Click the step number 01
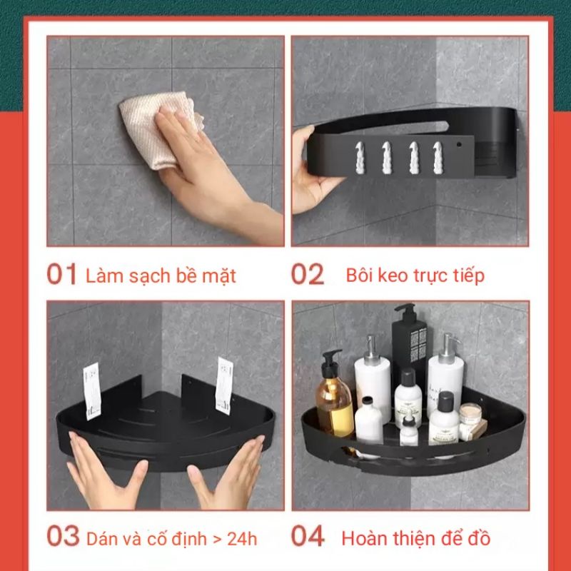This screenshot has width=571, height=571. click(x=61, y=274)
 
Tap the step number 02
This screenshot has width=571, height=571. click(x=308, y=274)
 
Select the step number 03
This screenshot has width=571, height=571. click(x=63, y=536)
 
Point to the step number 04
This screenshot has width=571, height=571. click(x=308, y=536)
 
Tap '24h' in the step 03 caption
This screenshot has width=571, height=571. click(x=242, y=539)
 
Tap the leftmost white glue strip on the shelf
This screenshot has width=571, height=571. click(x=360, y=158)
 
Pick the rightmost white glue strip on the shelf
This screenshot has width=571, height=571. click(x=438, y=158)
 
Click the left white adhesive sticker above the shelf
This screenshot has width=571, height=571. click(x=92, y=390)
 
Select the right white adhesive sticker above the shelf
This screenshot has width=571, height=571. click(x=224, y=386)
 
